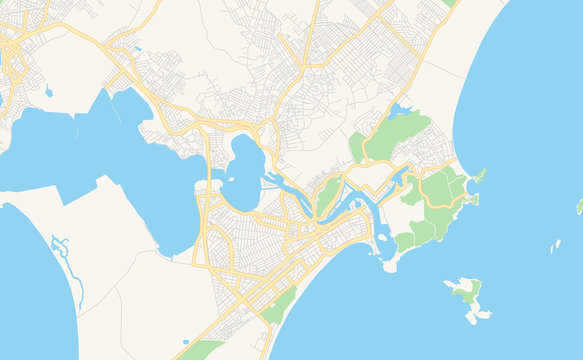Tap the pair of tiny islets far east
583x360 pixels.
pyautogui.click(x=555, y=245)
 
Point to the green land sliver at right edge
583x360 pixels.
pyautogui.click(x=579, y=206)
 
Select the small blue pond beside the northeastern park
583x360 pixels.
pyautogui.click(x=400, y=110)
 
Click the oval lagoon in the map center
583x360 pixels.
pyautogui.click(x=242, y=172)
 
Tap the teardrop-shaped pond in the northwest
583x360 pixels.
pyautogui.click(x=48, y=92)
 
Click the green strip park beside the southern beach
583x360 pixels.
pyautogui.click(x=280, y=305)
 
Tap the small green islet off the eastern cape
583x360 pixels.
pyautogui.click(x=478, y=177)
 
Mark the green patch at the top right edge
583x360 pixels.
pyautogui.click(x=450, y=3)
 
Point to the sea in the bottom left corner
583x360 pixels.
pyautogui.click(x=30, y=300)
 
